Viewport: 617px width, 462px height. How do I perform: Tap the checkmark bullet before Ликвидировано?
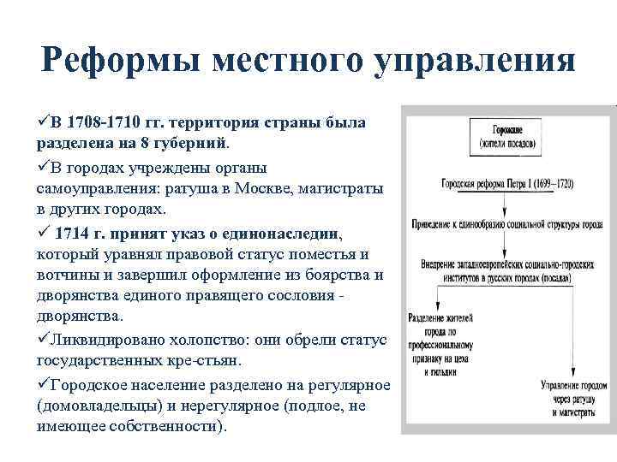(x=44, y=341)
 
